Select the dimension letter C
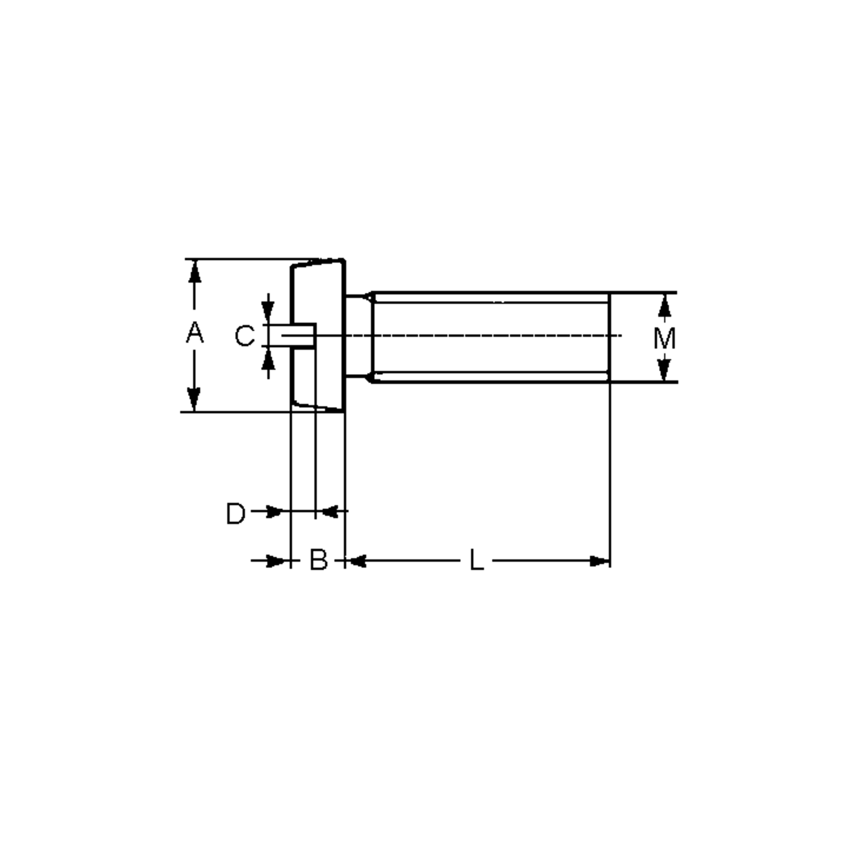[245, 335]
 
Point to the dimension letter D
[236, 513]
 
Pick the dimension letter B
[319, 560]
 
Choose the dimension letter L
[477, 560]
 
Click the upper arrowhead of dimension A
[195, 270]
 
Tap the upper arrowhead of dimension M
[664, 305]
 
